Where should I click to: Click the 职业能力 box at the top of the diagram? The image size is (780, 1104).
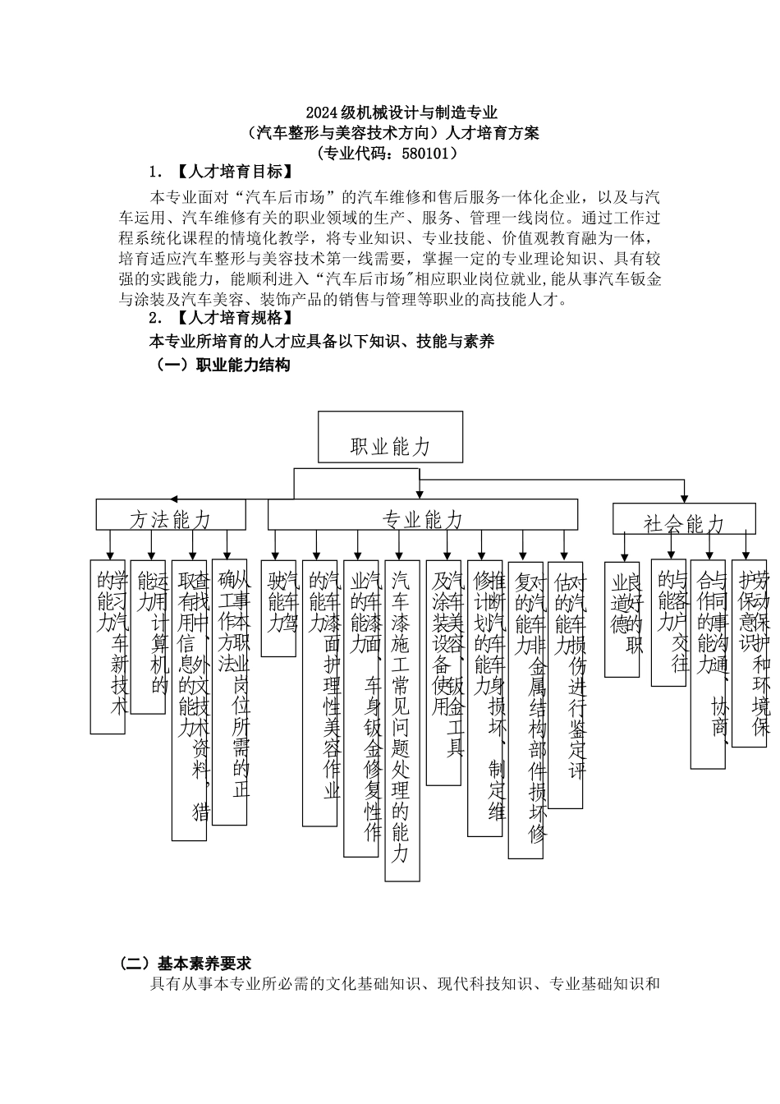pos(390,437)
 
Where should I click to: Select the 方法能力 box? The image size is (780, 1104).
pos(171,515)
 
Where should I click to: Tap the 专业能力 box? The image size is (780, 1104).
pos(422,515)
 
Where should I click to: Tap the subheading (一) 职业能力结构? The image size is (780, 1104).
pos(223,365)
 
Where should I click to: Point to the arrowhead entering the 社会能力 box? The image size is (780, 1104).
pos(684,499)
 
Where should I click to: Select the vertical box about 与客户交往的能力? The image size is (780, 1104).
pos(668,623)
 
